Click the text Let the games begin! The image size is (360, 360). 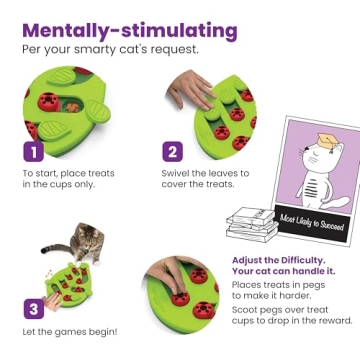tap(65, 331)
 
